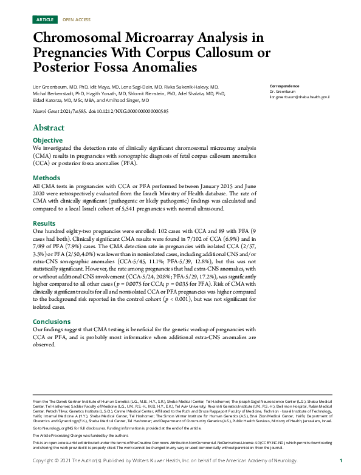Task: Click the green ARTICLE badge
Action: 46,20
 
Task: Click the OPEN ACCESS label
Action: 76,20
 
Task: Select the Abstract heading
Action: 49,128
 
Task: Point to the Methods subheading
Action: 46,178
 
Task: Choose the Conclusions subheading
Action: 52,322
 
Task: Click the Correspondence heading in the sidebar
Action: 286,86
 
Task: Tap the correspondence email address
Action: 299,97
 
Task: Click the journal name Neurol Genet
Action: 46,112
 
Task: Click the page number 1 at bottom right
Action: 341,461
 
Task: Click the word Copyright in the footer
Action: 44,461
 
